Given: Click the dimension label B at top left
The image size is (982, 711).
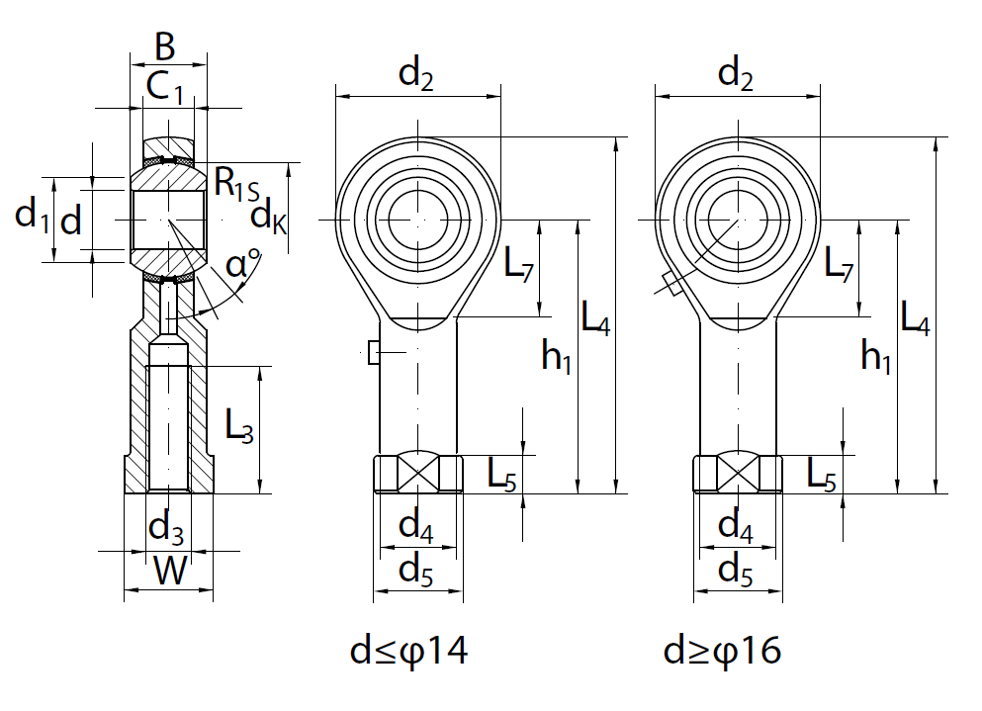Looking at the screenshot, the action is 165,45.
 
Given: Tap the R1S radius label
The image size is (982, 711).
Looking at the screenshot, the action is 235,184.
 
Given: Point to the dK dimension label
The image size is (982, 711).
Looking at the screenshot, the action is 268,215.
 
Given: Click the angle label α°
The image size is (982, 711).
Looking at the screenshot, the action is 242,265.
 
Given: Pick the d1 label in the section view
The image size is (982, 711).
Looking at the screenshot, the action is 32,215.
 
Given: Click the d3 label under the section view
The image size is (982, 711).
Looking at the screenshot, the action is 165,528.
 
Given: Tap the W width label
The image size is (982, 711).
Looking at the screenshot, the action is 170,571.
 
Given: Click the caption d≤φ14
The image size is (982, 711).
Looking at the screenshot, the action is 408,651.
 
